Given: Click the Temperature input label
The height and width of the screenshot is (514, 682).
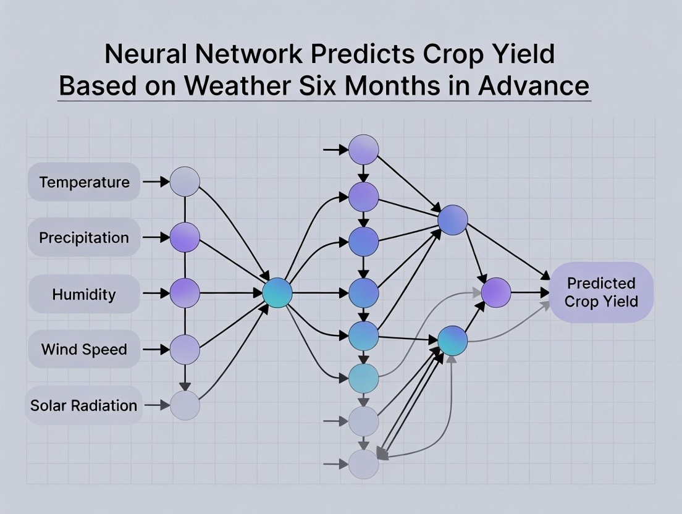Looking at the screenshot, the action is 84,182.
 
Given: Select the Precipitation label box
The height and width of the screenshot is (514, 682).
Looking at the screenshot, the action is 84,237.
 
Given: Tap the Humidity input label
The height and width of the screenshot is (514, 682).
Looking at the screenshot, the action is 84,294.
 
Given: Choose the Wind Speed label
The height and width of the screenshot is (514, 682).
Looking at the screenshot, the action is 84,349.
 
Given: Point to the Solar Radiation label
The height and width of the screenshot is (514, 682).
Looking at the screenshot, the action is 84,405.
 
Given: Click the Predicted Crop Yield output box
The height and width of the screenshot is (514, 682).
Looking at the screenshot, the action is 602,292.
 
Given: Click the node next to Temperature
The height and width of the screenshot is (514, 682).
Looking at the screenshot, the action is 185,182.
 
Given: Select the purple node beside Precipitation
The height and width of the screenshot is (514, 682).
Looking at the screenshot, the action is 185,237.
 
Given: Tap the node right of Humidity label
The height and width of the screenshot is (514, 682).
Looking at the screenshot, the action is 185,293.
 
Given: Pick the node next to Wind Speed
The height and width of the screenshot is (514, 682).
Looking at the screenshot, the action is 185,349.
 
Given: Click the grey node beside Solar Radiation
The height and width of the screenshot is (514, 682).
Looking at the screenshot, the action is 185,405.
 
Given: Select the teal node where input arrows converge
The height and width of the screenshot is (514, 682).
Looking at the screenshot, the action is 277,293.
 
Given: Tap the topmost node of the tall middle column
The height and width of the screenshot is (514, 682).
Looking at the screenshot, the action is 364,150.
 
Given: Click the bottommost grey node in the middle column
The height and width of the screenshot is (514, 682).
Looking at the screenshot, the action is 364,464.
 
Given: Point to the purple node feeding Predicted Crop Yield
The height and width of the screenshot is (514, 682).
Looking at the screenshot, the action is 496,292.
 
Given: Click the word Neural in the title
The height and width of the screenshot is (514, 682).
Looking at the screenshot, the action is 145,54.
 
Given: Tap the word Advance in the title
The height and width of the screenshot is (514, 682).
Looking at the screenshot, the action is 534,85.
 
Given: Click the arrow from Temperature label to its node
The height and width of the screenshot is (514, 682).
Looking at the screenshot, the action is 156,182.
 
